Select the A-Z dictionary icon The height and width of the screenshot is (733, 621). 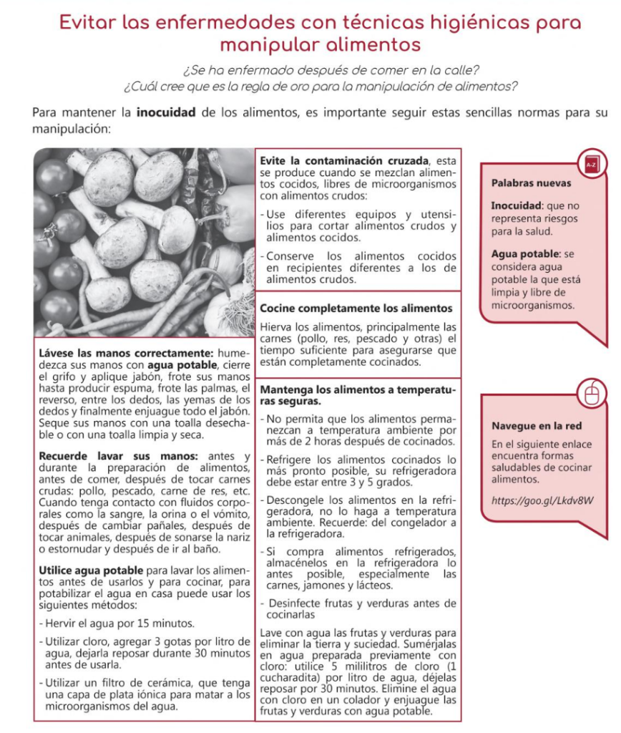pos(591,165)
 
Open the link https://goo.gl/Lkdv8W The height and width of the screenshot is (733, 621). pos(542,500)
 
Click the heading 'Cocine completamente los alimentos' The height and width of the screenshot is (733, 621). pos(356,309)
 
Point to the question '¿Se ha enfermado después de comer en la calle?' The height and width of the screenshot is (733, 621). pos(331,70)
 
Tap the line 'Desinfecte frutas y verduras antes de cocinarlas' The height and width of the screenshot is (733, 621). pos(361,608)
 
